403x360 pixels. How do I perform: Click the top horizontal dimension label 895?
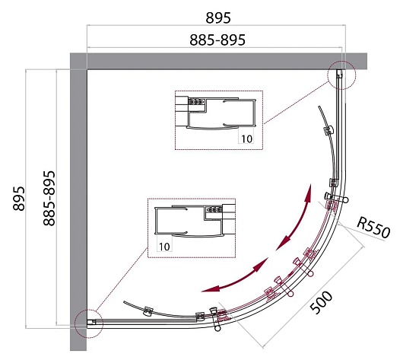coord(218,18)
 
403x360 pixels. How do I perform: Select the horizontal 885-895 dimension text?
coord(217,40)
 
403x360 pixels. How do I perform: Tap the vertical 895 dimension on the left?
coord(19,199)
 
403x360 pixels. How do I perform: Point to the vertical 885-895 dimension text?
coord(49,198)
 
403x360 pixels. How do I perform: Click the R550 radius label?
coord(373,228)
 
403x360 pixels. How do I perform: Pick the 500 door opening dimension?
coord(321,302)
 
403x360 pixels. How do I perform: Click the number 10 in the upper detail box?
coord(246,139)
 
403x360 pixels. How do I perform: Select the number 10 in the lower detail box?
coord(164,247)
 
